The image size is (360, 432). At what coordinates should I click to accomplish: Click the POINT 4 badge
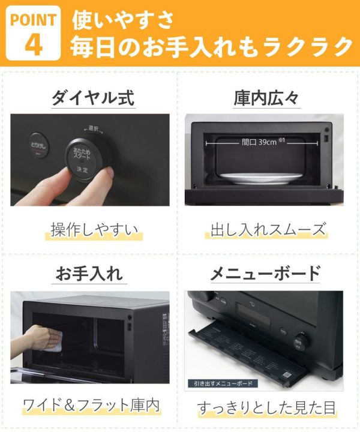[33, 33]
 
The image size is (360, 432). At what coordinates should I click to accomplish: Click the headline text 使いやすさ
[123, 19]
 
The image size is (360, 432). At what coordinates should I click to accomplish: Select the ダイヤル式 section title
[93, 98]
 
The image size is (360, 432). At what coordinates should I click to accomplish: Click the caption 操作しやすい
[94, 230]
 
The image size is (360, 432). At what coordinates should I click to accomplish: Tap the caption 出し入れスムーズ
[268, 230]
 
